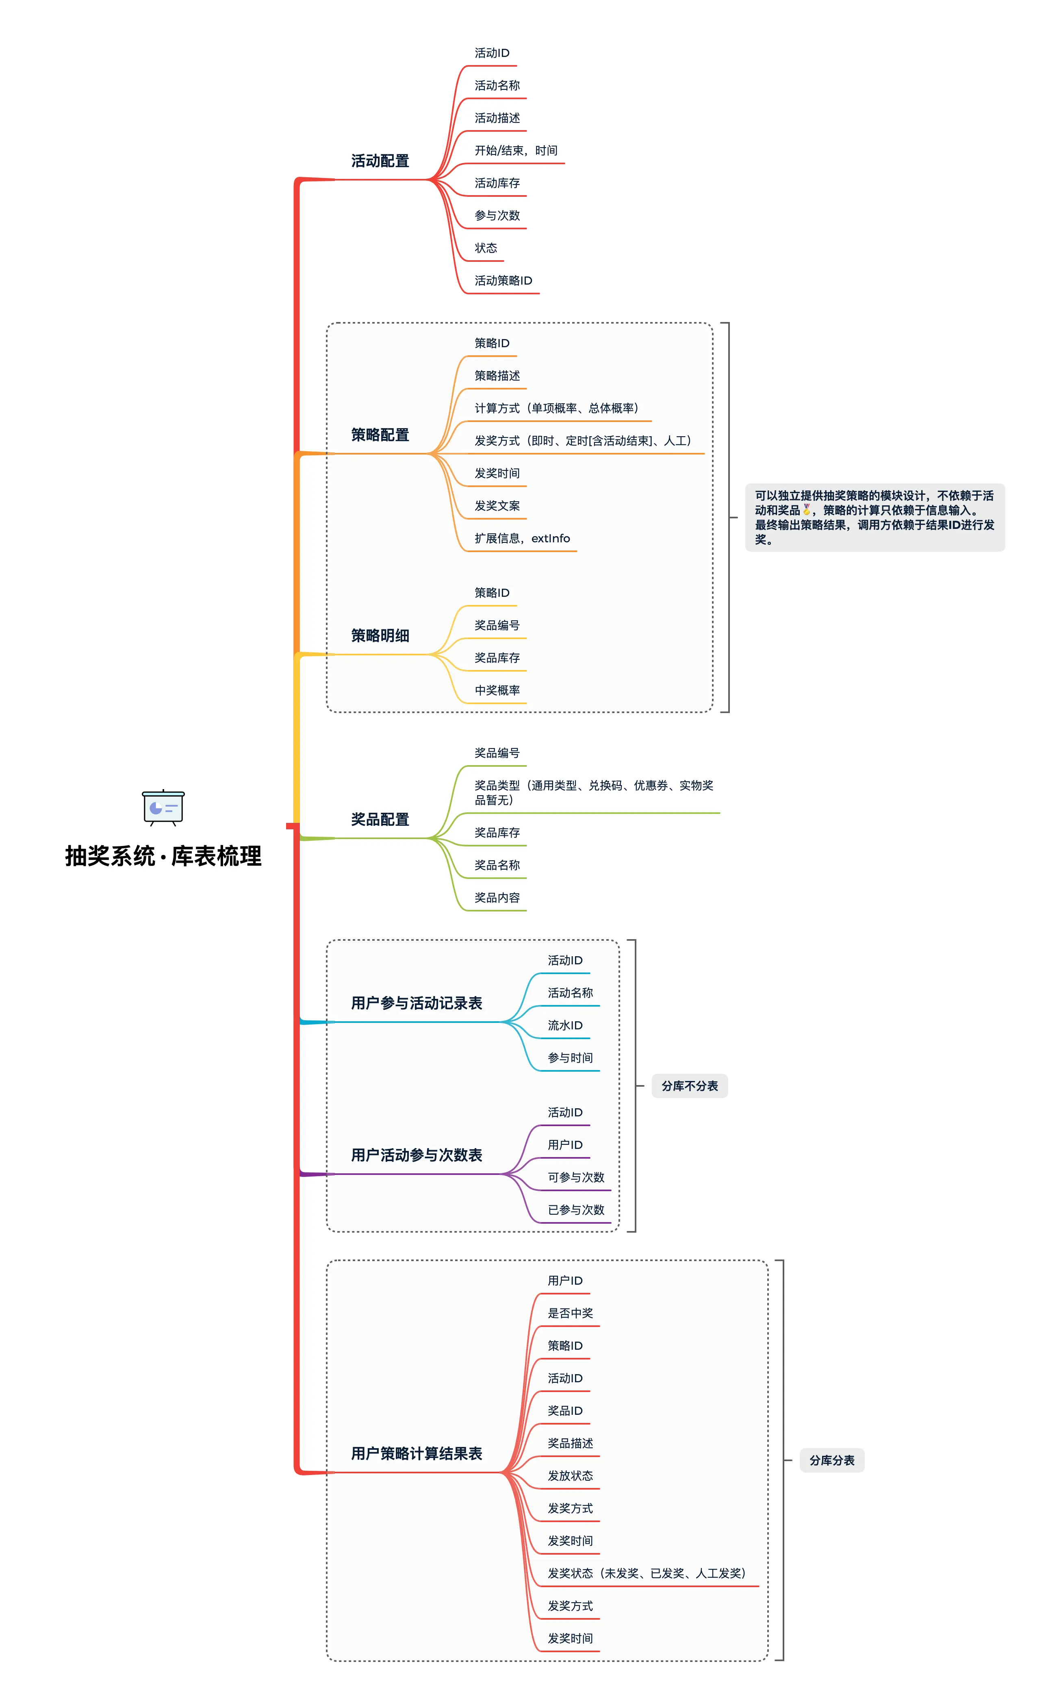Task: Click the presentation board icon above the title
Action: [163, 807]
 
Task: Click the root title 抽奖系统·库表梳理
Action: [163, 856]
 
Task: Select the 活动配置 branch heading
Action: [380, 161]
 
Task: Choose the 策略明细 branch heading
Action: [380, 636]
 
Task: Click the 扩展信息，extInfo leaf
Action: [522, 538]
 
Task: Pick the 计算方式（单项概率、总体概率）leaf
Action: [557, 408]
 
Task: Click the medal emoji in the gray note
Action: [807, 510]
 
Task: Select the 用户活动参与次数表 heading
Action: [417, 1155]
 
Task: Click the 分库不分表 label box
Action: [689, 1086]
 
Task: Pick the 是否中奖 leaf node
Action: [570, 1314]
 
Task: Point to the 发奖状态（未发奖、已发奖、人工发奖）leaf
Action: [647, 1574]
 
